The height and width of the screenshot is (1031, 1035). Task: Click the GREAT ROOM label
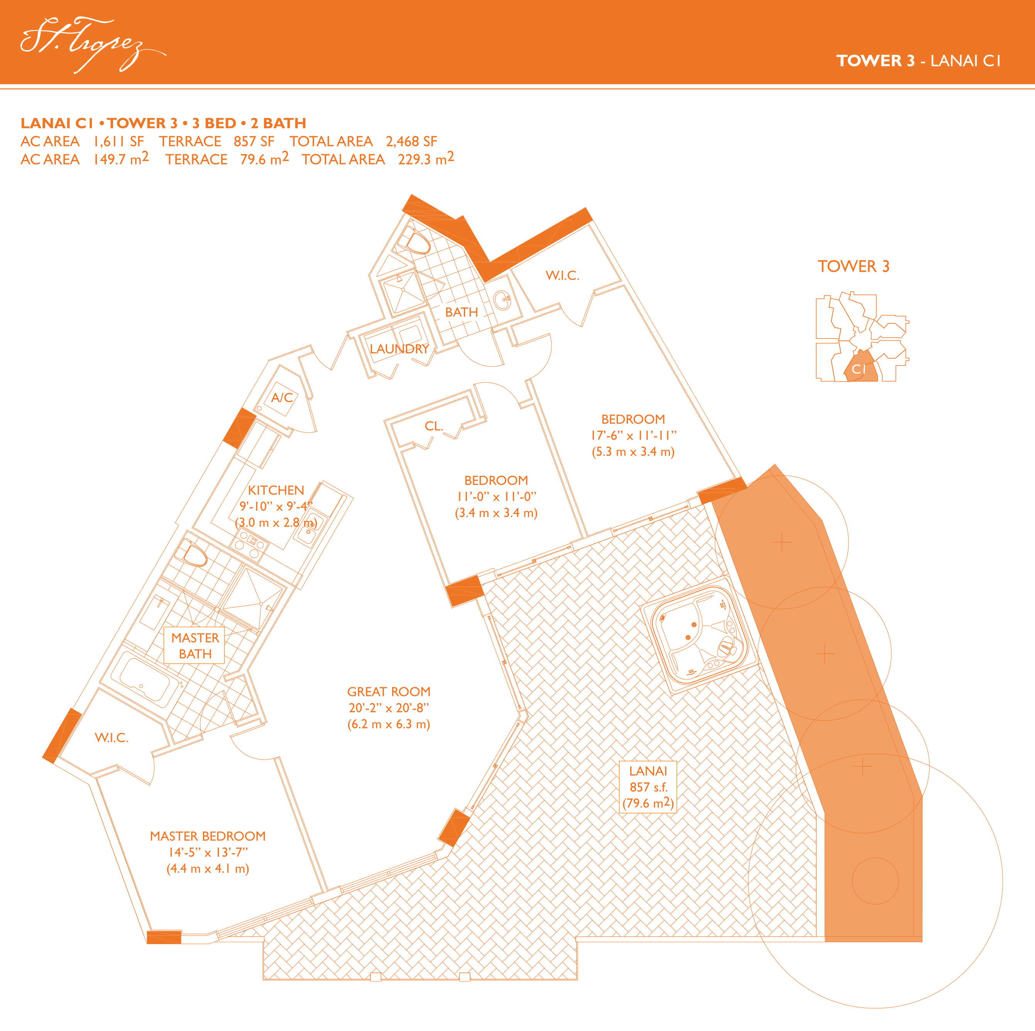tap(389, 691)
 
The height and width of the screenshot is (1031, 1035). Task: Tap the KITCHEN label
tap(276, 490)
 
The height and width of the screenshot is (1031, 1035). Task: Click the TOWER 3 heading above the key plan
tap(853, 266)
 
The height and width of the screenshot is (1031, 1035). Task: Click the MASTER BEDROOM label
tap(208, 836)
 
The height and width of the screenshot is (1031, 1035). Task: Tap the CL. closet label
tap(434, 426)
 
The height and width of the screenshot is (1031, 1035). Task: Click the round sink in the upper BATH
tap(502, 301)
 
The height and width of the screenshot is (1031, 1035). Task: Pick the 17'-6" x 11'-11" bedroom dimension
tap(633, 435)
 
